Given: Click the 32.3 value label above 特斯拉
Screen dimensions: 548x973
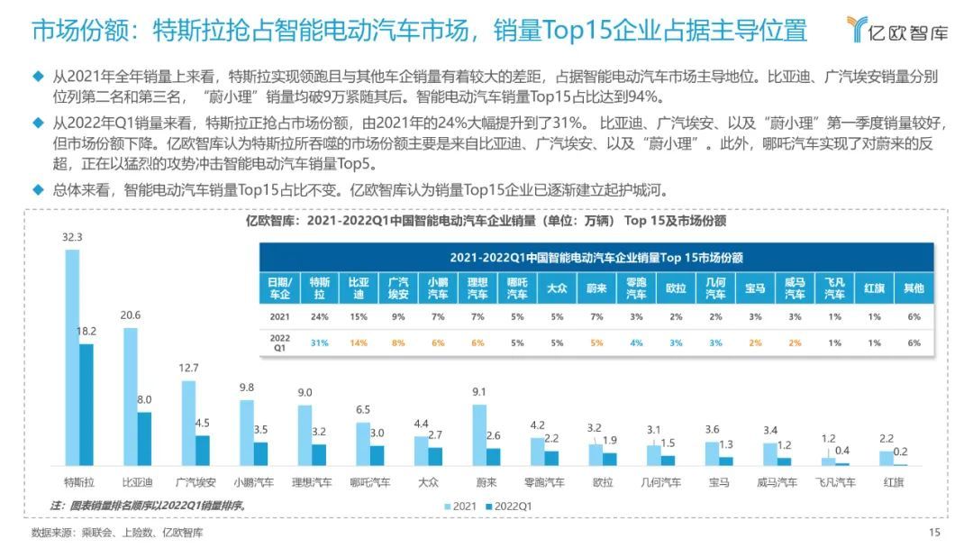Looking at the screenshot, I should click(72, 238).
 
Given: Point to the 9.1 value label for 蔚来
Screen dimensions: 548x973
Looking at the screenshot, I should click(479, 392).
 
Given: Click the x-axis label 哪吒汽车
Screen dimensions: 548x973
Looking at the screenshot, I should click(370, 482).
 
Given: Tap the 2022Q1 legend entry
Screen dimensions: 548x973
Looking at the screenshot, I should click(511, 507).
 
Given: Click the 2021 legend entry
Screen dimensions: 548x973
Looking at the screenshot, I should click(461, 507).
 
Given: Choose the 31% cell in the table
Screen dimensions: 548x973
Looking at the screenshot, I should click(320, 342).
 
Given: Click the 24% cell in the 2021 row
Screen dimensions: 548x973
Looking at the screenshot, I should click(320, 316).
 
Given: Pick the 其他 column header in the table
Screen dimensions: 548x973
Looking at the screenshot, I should click(914, 288).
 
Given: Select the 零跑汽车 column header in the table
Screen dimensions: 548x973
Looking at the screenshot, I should click(636, 288).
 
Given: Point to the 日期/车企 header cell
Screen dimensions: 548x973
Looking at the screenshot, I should click(279, 288).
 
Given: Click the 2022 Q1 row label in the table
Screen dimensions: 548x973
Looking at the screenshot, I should click(279, 342).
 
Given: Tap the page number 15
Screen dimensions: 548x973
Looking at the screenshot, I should click(934, 533).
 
